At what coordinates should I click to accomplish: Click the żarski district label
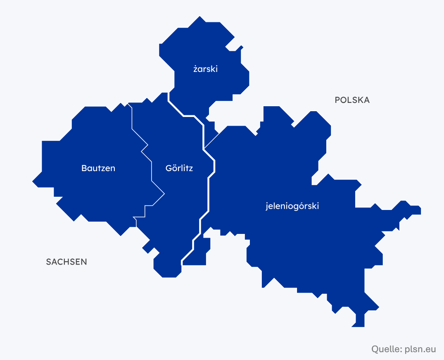pos(205,69)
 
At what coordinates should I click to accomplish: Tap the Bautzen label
pos(98,168)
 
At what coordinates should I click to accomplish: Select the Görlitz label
pos(179,168)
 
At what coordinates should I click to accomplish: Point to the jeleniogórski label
pos(292,206)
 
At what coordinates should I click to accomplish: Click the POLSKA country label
pos(352,100)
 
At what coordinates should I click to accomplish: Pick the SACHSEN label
pos(66,262)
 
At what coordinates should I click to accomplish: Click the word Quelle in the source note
pos(385,349)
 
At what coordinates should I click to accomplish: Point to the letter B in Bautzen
pos(84,168)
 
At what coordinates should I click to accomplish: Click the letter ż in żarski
pos(195,69)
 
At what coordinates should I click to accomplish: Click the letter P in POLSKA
pos(337,100)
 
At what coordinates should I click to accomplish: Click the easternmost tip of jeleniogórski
pos(420,210)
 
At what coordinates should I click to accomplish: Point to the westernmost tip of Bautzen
pos(33,181)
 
